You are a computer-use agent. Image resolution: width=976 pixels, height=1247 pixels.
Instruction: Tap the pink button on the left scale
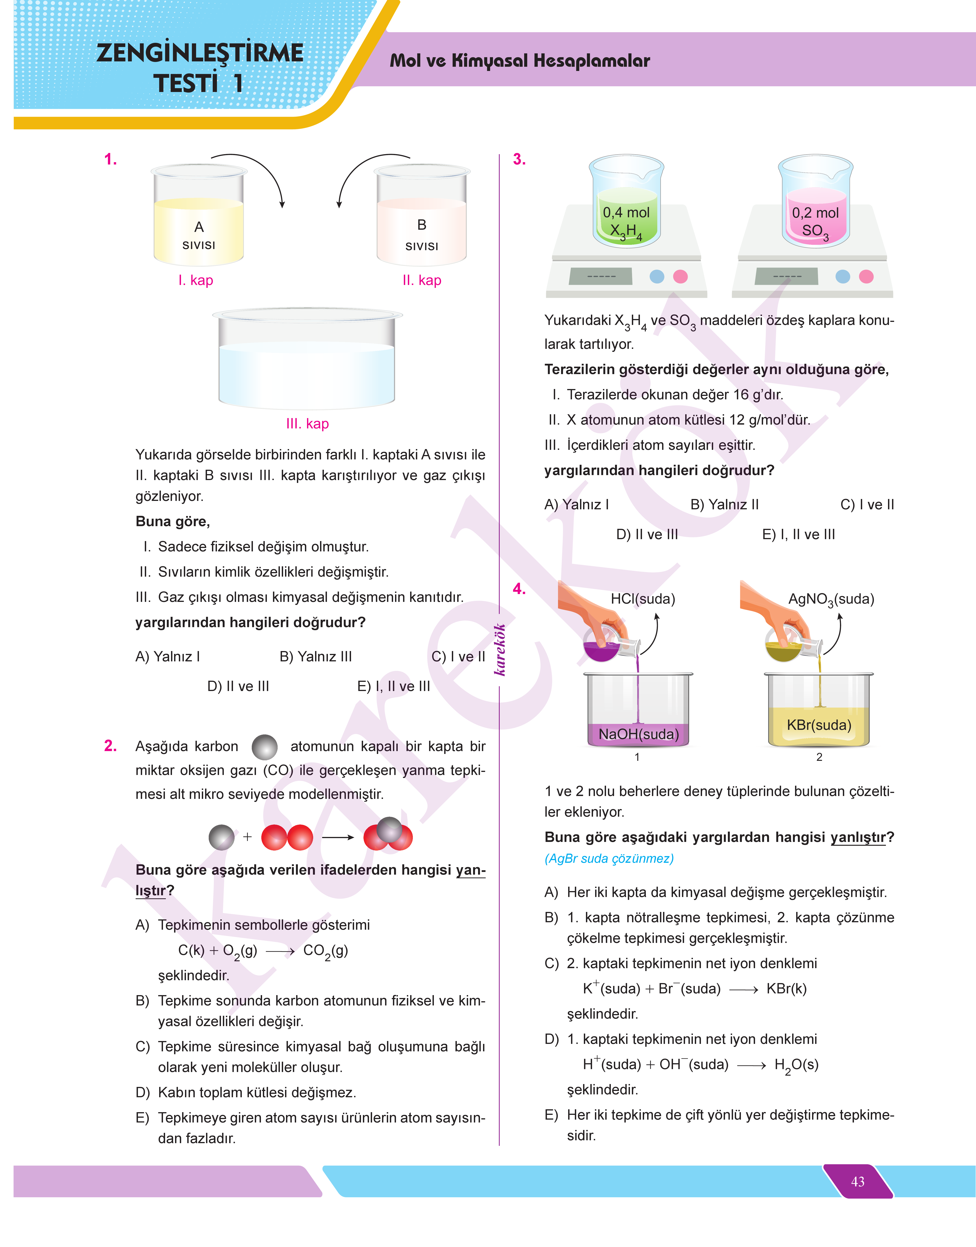coord(680,277)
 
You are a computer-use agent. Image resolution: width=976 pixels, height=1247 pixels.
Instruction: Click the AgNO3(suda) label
coord(831,599)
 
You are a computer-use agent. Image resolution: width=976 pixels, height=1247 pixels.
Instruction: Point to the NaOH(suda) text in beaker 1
coord(638,734)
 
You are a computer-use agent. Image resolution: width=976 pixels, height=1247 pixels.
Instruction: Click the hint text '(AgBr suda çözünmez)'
coord(609,859)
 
